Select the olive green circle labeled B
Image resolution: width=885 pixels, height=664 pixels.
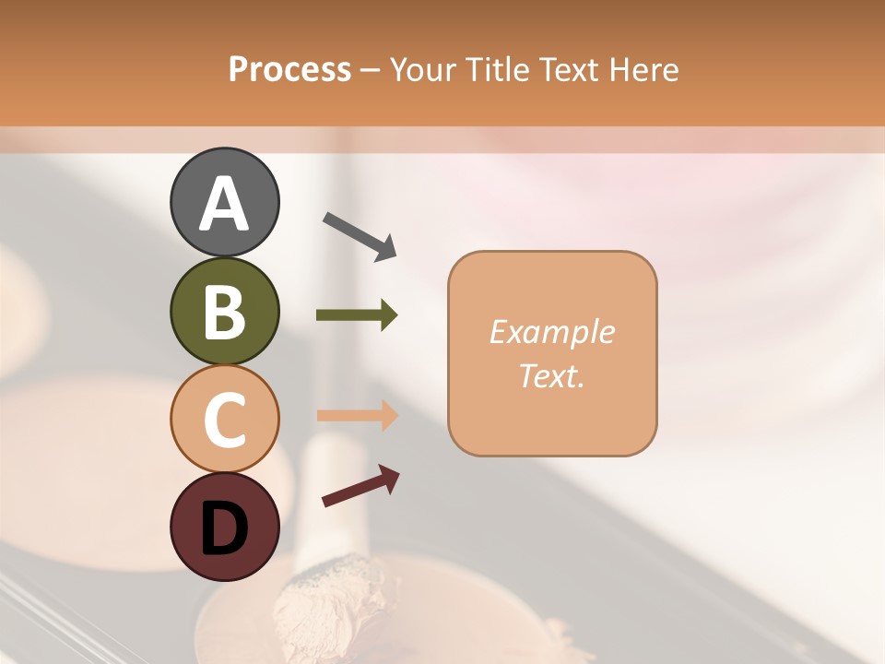[x=224, y=311]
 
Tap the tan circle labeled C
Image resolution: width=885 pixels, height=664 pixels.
[x=224, y=419]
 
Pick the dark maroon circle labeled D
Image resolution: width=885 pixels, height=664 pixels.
[x=224, y=527]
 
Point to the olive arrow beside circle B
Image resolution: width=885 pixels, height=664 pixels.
[x=357, y=315]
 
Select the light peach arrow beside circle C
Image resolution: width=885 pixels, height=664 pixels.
[x=357, y=415]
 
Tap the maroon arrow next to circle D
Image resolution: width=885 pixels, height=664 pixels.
[x=360, y=486]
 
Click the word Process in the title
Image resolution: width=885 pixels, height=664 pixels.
[x=289, y=70]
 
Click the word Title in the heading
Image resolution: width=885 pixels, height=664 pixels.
[x=495, y=70]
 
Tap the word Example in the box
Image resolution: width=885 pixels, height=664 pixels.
[x=551, y=332]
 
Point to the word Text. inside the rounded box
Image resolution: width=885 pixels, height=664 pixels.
[x=551, y=375]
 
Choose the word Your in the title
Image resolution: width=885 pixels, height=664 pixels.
[x=422, y=70]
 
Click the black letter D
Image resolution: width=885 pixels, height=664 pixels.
[x=224, y=529]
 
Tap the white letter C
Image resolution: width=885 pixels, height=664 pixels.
[x=224, y=421]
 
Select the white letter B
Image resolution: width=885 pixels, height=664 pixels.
[x=224, y=313]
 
